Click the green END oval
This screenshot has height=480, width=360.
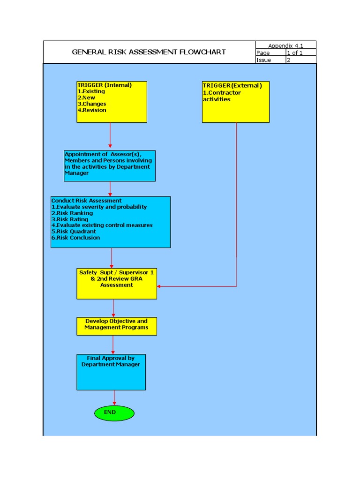point(114,413)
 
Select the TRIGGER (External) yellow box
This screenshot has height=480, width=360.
point(236,102)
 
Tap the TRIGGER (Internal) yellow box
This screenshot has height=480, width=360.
point(112,102)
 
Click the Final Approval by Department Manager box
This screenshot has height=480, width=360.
point(111,372)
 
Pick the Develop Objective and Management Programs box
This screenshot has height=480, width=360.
point(117,326)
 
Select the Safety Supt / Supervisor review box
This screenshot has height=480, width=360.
point(117,284)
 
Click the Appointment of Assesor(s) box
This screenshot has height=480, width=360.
point(110,166)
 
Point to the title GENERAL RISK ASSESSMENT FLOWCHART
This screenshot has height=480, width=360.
point(149,52)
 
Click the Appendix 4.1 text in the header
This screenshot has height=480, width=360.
point(286,45)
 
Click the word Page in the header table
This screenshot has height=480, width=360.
point(263,53)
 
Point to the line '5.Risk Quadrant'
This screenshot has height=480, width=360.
point(74,232)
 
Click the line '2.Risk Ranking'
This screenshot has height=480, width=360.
point(72,213)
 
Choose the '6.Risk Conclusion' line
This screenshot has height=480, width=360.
point(75,238)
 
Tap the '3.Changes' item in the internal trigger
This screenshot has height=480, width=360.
point(92,104)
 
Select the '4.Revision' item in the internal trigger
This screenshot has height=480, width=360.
point(92,110)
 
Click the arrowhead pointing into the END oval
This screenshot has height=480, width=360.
point(114,403)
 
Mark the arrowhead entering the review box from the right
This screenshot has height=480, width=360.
point(159,286)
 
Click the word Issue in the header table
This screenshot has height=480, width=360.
point(264,60)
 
